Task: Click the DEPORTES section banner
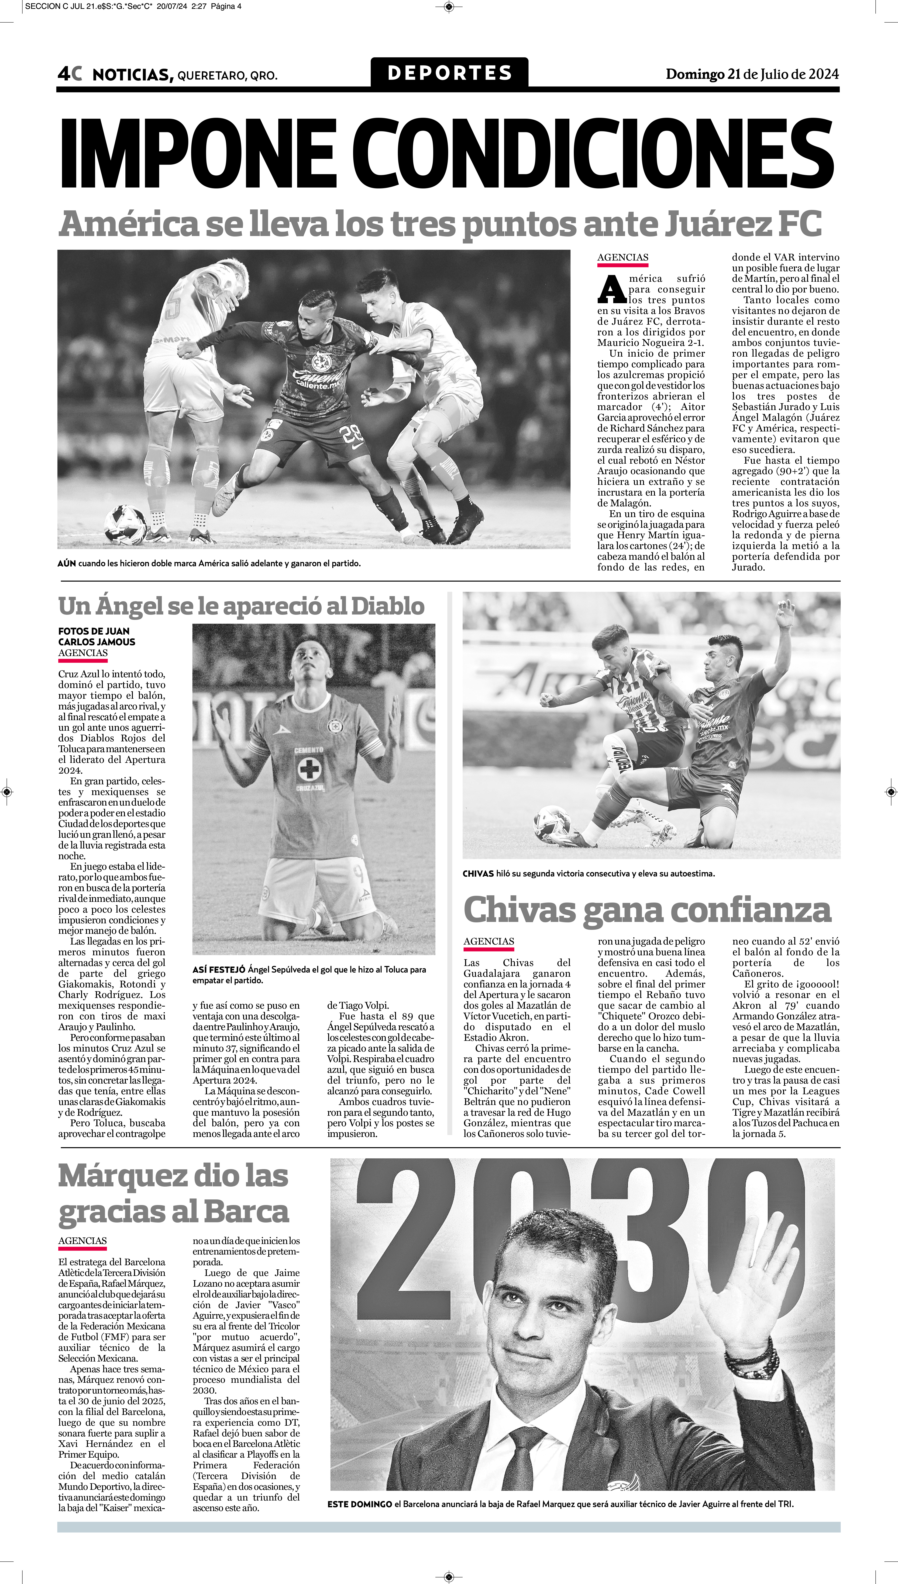point(449,73)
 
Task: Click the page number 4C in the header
point(70,74)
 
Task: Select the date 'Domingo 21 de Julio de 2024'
point(752,74)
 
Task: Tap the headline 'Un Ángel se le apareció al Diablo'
point(241,606)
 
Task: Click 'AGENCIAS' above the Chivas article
point(489,941)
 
